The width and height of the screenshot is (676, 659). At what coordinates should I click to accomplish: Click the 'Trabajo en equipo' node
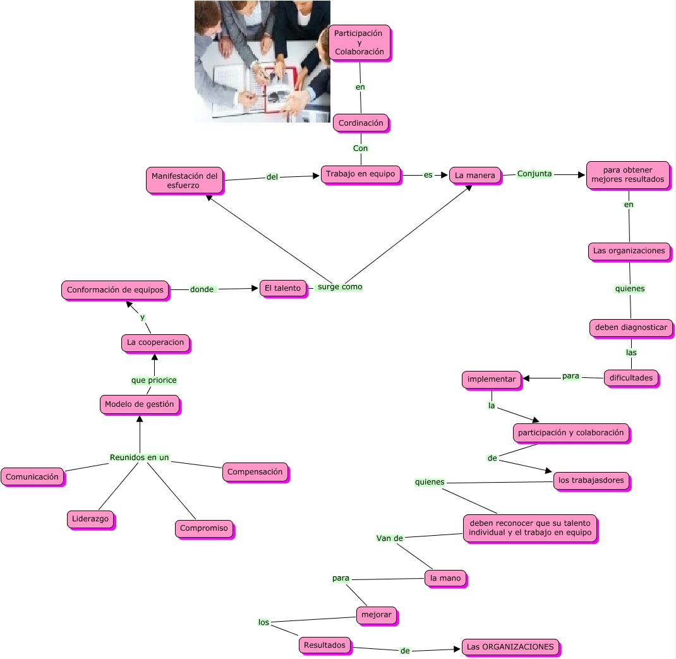pyautogui.click(x=360, y=174)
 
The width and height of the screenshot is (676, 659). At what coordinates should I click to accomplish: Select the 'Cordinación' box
pyautogui.click(x=361, y=123)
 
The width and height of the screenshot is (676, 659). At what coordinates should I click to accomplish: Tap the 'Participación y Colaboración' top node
pyautogui.click(x=359, y=42)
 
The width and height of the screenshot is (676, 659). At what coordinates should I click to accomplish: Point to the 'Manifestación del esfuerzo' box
pyautogui.click(x=184, y=180)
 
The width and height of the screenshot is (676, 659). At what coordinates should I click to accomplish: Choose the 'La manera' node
pyautogui.click(x=475, y=175)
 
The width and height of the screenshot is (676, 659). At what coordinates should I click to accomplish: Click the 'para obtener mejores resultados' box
pyautogui.click(x=627, y=174)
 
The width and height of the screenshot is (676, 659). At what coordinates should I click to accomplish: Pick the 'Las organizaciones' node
pyautogui.click(x=629, y=251)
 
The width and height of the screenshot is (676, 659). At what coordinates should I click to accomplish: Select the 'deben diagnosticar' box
pyautogui.click(x=631, y=328)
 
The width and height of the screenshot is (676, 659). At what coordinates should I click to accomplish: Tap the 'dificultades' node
pyautogui.click(x=631, y=378)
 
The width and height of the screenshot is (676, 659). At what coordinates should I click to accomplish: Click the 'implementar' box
pyautogui.click(x=492, y=379)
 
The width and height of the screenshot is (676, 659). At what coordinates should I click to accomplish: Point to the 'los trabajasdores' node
pyautogui.click(x=591, y=480)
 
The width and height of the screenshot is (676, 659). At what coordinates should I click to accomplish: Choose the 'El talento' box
pyautogui.click(x=282, y=288)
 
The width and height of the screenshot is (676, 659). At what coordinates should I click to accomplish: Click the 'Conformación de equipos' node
pyautogui.click(x=115, y=290)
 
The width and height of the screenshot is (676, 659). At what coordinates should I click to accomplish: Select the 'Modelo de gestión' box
pyautogui.click(x=139, y=404)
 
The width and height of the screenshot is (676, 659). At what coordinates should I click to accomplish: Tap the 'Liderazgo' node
pyautogui.click(x=90, y=519)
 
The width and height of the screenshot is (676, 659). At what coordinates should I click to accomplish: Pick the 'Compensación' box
pyautogui.click(x=255, y=472)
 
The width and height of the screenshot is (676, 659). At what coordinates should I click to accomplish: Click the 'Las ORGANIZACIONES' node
pyautogui.click(x=510, y=647)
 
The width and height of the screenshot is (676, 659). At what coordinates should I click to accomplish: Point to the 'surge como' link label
pyautogui.click(x=340, y=287)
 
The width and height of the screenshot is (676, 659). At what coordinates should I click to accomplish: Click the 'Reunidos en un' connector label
pyautogui.click(x=139, y=457)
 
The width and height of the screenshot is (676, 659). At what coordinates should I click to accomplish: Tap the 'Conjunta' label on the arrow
pyautogui.click(x=534, y=174)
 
